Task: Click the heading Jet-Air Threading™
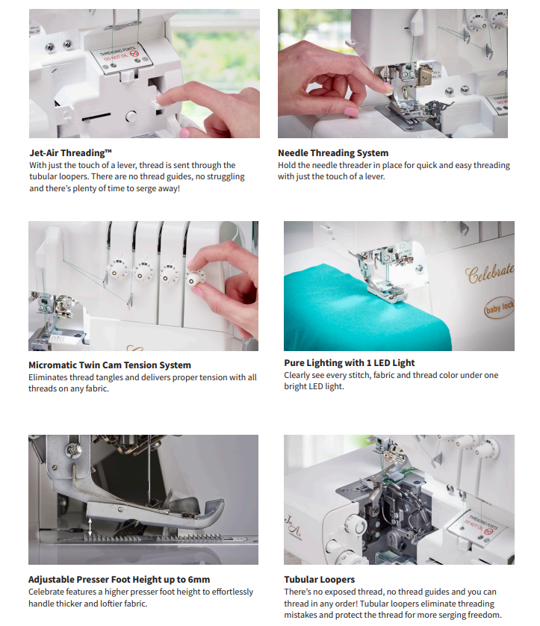(71, 153)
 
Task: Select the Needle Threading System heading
(333, 153)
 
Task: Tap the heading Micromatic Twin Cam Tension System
(110, 365)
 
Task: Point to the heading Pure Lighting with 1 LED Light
(350, 363)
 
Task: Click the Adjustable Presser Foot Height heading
(119, 579)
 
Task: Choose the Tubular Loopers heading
(319, 579)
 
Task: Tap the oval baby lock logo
(499, 308)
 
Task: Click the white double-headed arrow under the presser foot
(90, 527)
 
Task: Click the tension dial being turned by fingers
(196, 279)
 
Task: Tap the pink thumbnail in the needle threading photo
(351, 112)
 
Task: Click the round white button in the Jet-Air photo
(131, 117)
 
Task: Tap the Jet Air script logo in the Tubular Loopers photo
(293, 527)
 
